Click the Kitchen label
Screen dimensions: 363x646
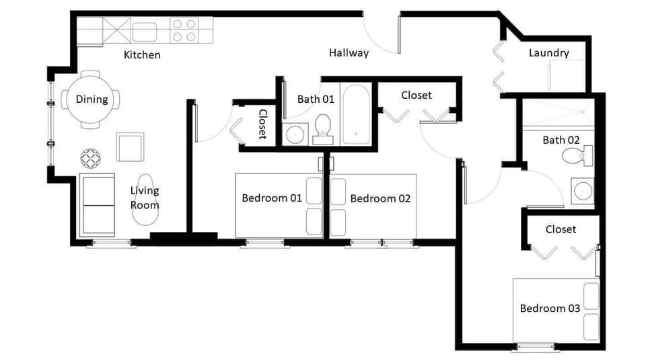(x=142, y=54)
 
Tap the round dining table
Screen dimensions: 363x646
(x=92, y=99)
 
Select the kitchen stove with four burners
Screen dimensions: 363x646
(x=184, y=30)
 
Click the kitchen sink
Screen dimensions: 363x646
(x=144, y=31)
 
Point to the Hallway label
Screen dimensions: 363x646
(x=349, y=52)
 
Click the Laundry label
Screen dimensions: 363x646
(x=548, y=52)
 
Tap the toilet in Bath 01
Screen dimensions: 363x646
(x=324, y=128)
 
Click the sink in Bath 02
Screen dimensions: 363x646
(x=582, y=191)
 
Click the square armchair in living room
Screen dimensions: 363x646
(x=131, y=147)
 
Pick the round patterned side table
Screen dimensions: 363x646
(x=90, y=159)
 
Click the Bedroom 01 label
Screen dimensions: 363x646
(x=272, y=198)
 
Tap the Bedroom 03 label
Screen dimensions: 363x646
(x=550, y=308)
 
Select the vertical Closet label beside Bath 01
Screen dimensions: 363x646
(x=263, y=124)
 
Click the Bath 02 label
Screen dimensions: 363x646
(x=561, y=140)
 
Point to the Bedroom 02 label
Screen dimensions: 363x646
(x=380, y=198)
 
